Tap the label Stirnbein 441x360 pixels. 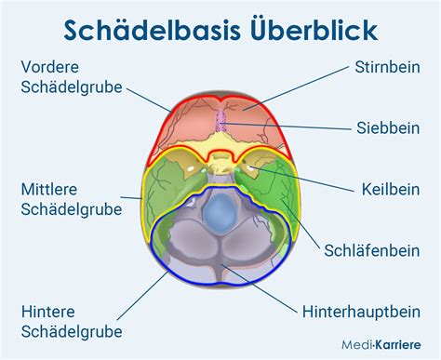386,67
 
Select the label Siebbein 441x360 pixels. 391,127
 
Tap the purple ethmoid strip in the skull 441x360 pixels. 220,122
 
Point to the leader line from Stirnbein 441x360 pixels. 299,87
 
